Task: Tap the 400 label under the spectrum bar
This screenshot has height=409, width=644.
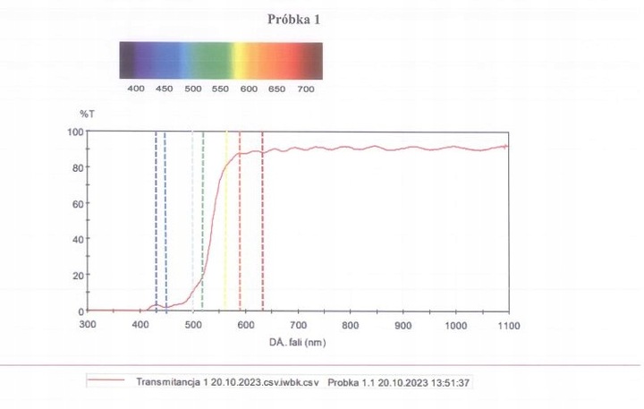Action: [x=136, y=89]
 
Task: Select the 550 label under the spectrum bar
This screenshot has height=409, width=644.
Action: [x=220, y=89]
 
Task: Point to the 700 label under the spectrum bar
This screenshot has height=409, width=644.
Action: [x=304, y=89]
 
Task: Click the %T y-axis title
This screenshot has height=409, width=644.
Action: [x=86, y=114]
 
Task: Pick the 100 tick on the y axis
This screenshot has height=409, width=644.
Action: [x=76, y=132]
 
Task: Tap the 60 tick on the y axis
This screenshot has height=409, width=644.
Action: [x=79, y=203]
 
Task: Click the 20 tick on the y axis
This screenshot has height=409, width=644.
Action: [x=79, y=275]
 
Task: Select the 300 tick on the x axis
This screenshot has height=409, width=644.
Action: [x=88, y=325]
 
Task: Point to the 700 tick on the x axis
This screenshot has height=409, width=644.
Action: [x=299, y=325]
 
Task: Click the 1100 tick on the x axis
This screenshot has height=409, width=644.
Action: [x=508, y=325]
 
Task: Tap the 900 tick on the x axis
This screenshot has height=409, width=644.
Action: [x=403, y=325]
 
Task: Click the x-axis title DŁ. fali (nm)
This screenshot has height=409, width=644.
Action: [x=298, y=342]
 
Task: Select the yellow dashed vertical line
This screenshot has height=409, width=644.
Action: [x=226, y=224]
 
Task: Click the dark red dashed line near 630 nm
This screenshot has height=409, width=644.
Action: [x=262, y=224]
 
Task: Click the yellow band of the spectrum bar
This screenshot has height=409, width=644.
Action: [x=241, y=60]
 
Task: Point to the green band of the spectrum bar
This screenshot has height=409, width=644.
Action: [x=210, y=60]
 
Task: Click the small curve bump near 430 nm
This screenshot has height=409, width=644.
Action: [x=156, y=305]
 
